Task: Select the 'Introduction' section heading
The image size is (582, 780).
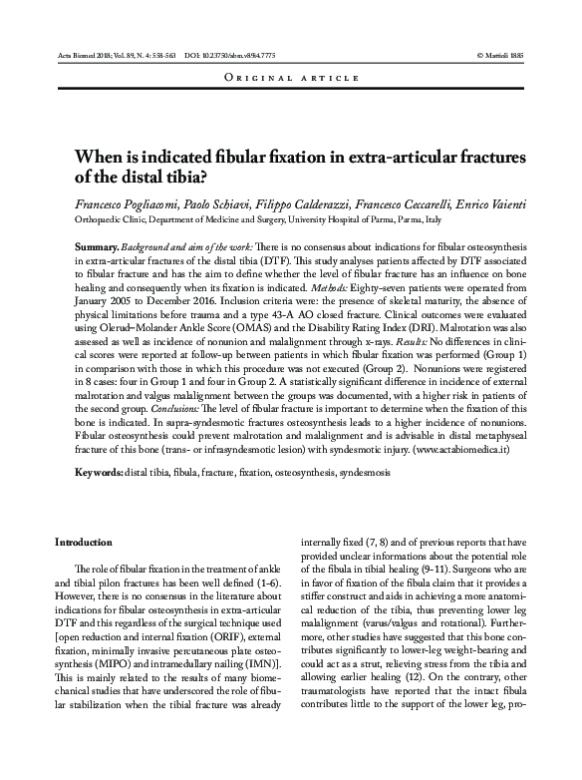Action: (83, 542)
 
